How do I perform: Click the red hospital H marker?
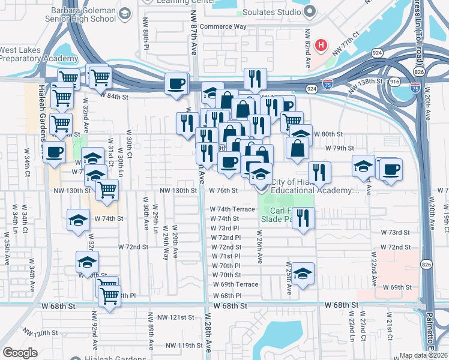pyautogui.click(x=322, y=45)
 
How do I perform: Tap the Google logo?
pyautogui.click(x=20, y=353)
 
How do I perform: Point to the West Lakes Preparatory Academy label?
pyautogui.click(x=38, y=55)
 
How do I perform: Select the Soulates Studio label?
pyautogui.click(x=270, y=12)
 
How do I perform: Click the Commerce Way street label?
pyautogui.click(x=223, y=26)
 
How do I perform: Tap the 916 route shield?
pyautogui.click(x=394, y=80)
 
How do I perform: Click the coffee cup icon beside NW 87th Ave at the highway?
pyautogui.click(x=176, y=83)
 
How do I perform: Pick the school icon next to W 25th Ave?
pyautogui.click(x=303, y=274)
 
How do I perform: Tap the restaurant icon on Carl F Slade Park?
pyautogui.click(x=304, y=218)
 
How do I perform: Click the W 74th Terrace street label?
pyautogui.click(x=233, y=209)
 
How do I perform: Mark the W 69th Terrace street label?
pyautogui.click(x=235, y=284)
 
